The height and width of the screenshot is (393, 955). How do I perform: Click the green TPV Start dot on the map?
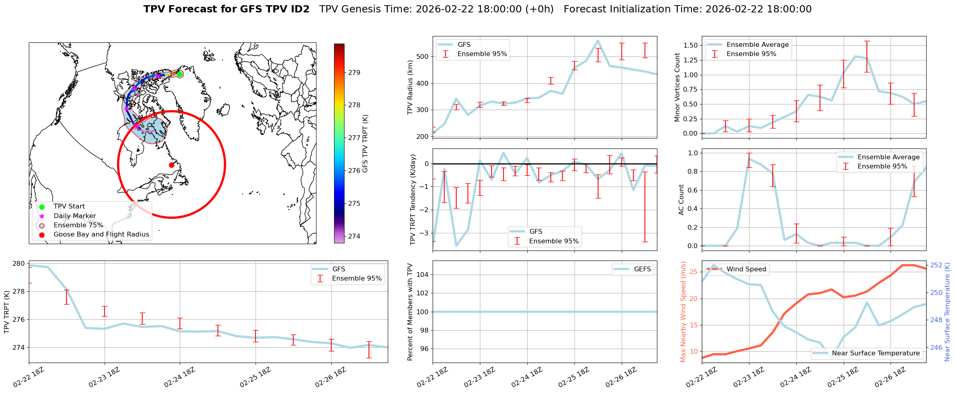[180, 74]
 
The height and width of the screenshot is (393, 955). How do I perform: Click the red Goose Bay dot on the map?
[171, 165]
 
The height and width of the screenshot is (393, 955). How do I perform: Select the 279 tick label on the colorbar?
[354, 72]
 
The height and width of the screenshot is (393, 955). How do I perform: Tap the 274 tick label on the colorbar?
[354, 236]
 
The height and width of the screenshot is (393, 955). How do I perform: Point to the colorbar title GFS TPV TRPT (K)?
[365, 144]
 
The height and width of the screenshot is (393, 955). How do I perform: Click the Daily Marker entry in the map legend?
[75, 216]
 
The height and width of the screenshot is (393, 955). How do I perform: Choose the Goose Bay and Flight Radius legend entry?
[101, 235]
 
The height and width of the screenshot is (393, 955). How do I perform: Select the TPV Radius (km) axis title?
[410, 87]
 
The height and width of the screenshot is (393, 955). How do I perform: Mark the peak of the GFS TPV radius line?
[598, 40]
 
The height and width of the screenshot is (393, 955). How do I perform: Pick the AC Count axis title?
[681, 200]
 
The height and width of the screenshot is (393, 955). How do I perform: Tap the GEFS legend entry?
[642, 269]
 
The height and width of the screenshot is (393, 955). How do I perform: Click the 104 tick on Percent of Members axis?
[423, 275]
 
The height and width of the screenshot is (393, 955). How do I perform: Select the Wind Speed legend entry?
[746, 269]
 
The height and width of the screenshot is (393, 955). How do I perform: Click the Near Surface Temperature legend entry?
[875, 353]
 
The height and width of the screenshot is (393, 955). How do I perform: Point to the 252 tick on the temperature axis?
[936, 265]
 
